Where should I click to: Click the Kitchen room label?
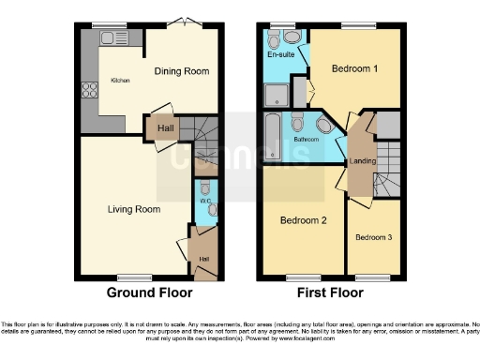(121, 81)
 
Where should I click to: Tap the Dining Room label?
(181, 71)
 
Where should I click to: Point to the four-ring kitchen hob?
(92, 91)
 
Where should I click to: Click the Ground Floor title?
(143, 292)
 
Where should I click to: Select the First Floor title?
(330, 292)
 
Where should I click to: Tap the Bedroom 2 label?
(304, 220)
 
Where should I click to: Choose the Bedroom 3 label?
(373, 237)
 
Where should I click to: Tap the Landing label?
(364, 161)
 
